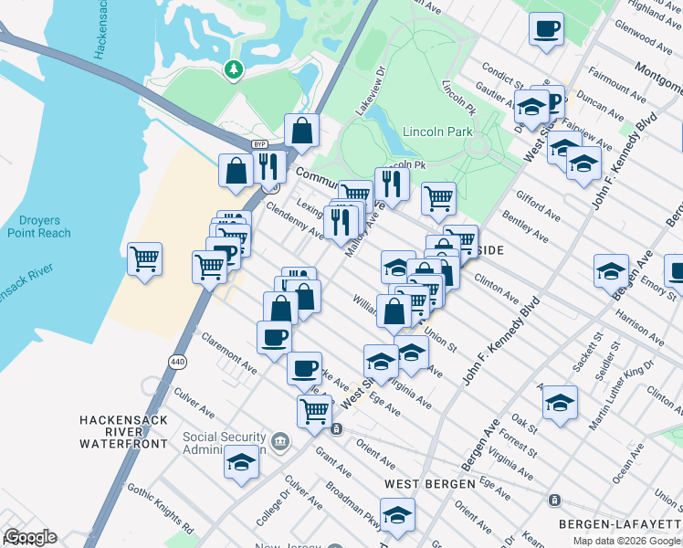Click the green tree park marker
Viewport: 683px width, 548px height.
235,68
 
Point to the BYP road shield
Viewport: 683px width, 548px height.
259,144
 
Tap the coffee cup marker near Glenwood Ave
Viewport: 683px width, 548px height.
546,28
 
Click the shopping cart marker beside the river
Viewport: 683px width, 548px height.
144,259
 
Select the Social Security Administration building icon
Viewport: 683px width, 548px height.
279,442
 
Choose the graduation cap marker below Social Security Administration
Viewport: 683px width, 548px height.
241,462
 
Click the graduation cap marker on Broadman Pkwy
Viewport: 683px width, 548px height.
397,514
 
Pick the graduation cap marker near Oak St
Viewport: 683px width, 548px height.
560,402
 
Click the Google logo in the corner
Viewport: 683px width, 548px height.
30,537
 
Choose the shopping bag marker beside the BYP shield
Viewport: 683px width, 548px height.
300,132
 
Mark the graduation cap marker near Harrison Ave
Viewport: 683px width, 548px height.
611,270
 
